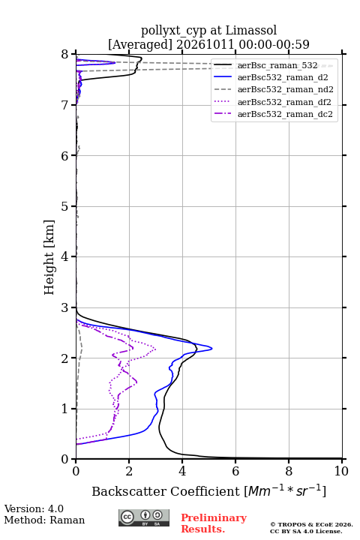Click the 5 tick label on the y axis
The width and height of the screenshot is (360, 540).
[x=65, y=206]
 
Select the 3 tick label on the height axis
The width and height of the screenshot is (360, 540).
[x=65, y=307]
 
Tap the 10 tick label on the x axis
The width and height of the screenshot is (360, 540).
[x=341, y=471]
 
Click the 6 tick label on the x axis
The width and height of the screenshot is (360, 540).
[x=235, y=471]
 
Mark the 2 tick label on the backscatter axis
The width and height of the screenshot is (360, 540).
[x=129, y=471]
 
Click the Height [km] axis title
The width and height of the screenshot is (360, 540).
[x=49, y=257]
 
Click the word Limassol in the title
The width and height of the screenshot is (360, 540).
[x=251, y=31]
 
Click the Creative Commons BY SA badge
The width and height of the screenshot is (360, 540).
[x=144, y=517]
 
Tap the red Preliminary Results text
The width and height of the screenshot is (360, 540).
[x=214, y=523]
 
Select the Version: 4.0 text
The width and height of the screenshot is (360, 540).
[x=34, y=508]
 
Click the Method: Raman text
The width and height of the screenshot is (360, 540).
[x=44, y=520]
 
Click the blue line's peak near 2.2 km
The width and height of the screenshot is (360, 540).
[x=211, y=348]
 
